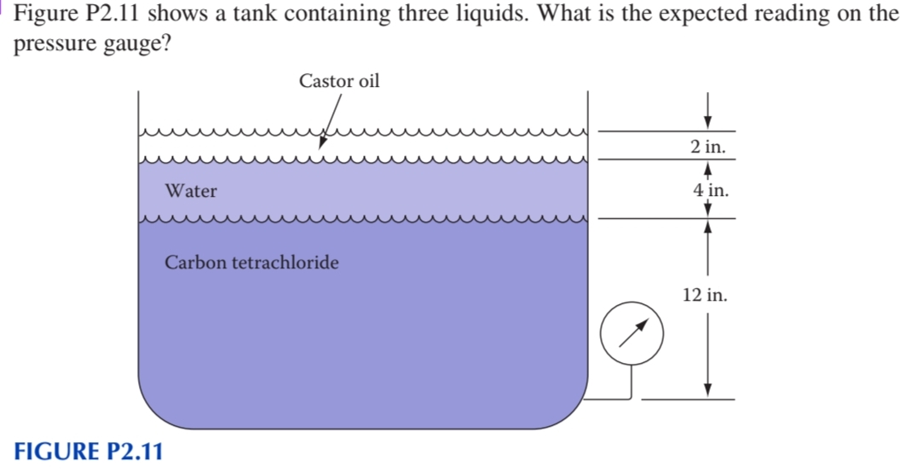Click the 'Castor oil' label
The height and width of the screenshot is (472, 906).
click(x=339, y=81)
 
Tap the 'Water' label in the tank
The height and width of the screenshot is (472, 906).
click(x=191, y=192)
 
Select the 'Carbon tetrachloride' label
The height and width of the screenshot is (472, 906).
click(x=251, y=262)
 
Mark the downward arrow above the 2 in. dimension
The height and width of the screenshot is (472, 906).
click(x=707, y=118)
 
